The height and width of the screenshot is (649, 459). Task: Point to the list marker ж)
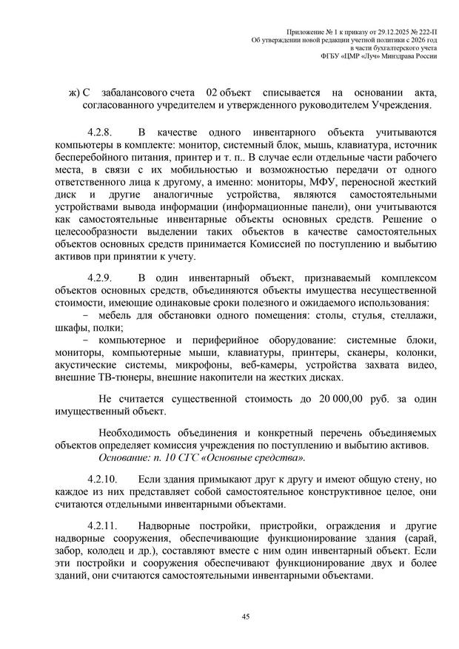[73, 92]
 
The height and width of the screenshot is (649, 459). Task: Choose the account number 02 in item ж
[212, 92]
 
